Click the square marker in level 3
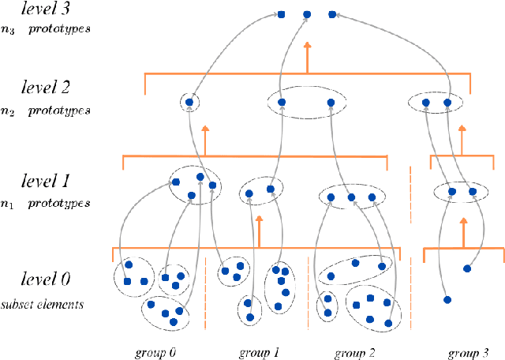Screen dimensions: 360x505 click(282, 13)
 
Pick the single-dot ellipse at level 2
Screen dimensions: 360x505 click(189, 102)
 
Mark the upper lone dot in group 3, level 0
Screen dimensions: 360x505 click(466, 269)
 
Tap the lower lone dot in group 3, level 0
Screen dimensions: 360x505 click(447, 300)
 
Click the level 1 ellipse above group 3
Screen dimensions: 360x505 click(462, 191)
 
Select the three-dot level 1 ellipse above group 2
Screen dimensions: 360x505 click(351, 197)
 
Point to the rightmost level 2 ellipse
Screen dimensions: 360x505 click(436, 103)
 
